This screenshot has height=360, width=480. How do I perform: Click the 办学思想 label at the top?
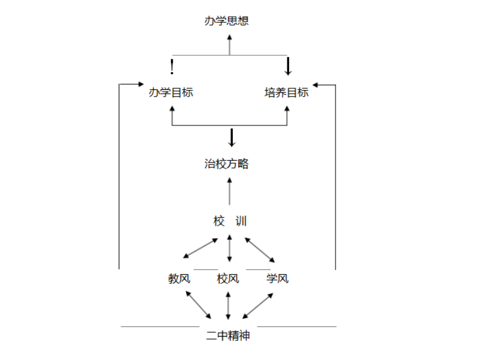tap(226, 21)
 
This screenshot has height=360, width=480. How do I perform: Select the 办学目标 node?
tap(171, 92)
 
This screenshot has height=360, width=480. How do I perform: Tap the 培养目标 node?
tap(286, 92)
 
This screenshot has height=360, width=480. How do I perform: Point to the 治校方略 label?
tap(226, 164)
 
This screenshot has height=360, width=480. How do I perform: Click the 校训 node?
tap(230, 221)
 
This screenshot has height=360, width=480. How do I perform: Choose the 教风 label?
tap(179, 278)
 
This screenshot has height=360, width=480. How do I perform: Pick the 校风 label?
tap(228, 278)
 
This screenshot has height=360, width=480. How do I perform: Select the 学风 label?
tap(277, 278)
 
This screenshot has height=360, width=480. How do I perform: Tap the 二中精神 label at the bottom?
tap(228, 335)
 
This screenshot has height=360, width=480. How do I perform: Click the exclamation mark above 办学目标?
tap(172, 65)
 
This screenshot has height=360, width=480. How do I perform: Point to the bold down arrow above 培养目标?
tap(288, 66)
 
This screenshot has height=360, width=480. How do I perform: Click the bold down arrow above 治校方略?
tap(232, 137)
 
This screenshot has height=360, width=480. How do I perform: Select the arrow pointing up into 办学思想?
tap(229, 44)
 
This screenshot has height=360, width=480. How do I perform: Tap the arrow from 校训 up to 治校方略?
tap(229, 190)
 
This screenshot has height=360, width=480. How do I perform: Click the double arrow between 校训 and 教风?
tap(200, 248)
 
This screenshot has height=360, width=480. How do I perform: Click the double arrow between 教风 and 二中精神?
tap(199, 305)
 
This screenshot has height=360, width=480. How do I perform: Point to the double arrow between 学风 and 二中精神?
tap(258, 305)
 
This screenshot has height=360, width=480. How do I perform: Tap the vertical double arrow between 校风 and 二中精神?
tap(228, 305)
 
